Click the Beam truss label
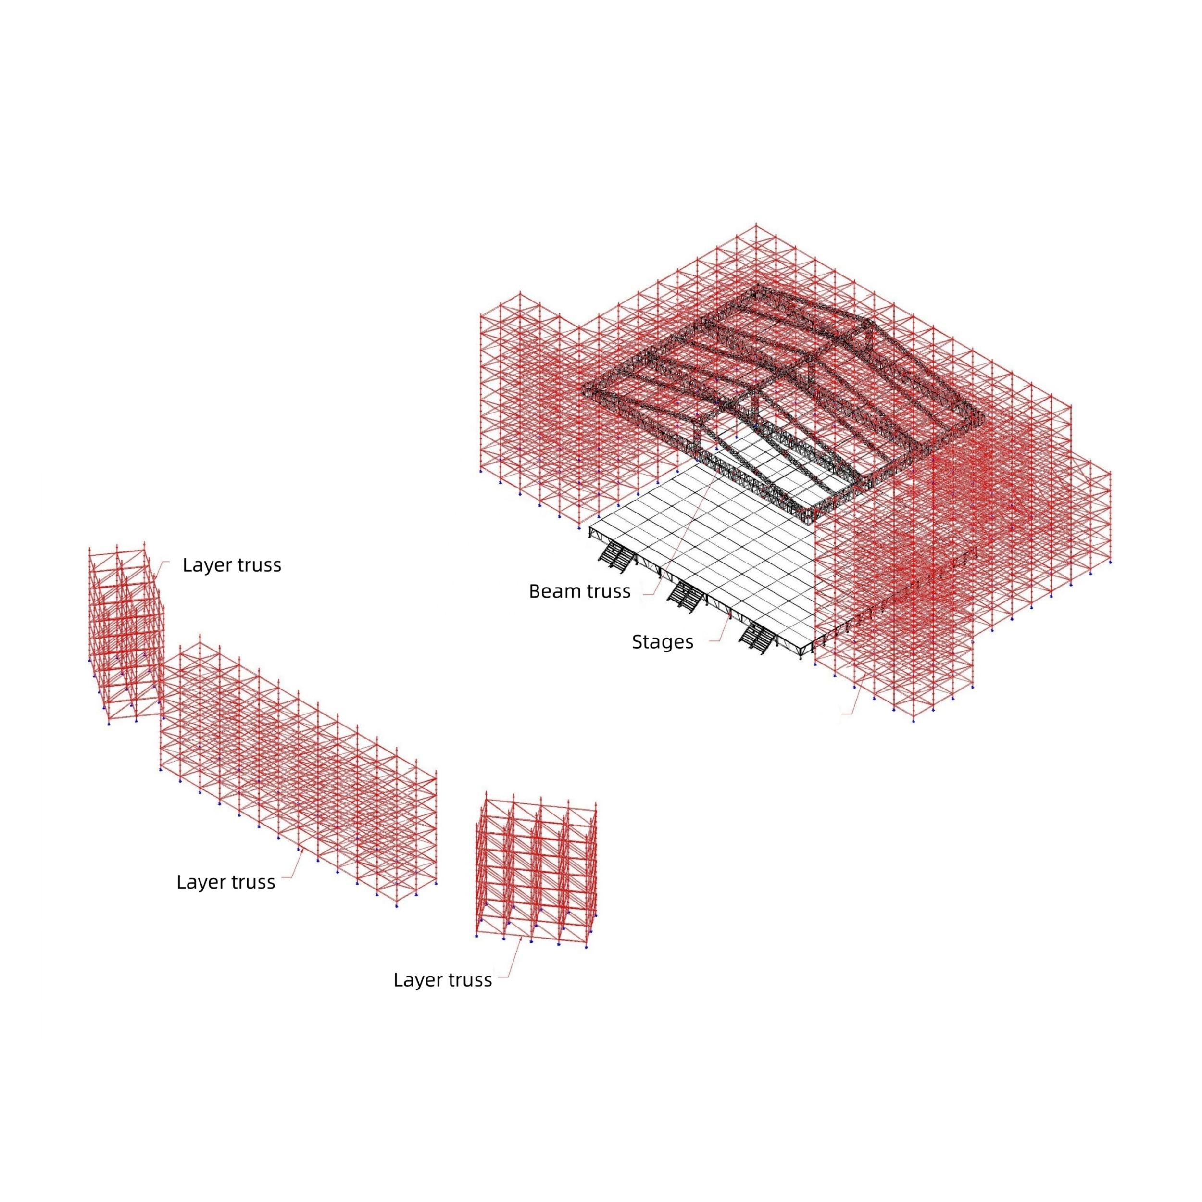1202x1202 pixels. tap(579, 591)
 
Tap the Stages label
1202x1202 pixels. tap(662, 642)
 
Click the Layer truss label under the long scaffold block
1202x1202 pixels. tap(226, 882)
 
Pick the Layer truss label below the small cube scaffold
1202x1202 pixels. tap(442, 980)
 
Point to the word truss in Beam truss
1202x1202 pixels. tap(605, 592)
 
